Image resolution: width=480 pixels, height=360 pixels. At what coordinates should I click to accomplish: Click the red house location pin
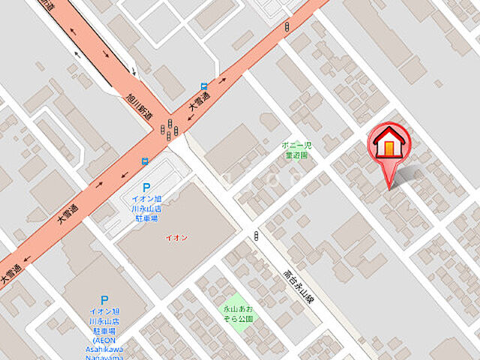click(388, 145)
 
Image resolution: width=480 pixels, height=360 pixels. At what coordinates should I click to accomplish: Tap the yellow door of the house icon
click(388, 148)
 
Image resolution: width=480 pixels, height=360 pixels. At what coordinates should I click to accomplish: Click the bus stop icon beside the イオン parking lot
click(145, 160)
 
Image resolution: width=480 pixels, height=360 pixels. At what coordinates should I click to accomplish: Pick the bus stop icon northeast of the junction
click(204, 86)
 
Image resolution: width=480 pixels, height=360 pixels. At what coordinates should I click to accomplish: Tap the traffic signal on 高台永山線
click(256, 237)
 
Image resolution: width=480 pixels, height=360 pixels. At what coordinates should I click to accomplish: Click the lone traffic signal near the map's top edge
click(286, 28)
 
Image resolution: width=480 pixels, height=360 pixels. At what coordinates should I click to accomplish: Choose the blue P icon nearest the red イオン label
click(146, 188)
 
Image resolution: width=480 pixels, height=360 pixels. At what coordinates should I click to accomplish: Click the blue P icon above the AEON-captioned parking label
click(104, 299)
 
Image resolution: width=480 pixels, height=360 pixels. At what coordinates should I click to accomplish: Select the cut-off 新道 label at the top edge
click(48, 5)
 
